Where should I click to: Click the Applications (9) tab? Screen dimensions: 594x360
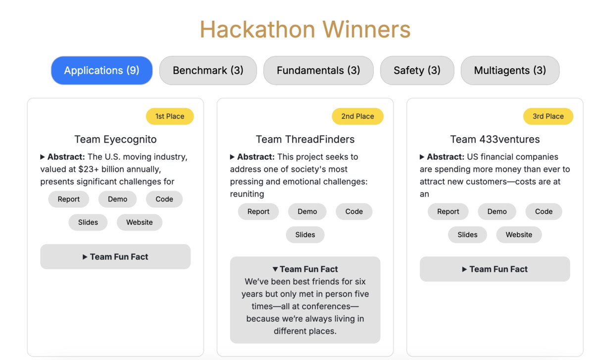pos(102,70)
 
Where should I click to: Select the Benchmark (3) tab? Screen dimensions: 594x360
pos(208,70)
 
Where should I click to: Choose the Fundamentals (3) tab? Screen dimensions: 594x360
pos(318,70)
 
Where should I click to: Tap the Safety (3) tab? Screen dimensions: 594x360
pos(417,70)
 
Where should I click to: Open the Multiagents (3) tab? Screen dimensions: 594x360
pos(510,70)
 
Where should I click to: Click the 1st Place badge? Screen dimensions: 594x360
pos(170,116)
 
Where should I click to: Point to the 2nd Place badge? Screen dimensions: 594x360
pos(357,116)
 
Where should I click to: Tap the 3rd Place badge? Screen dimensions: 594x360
pos(548,116)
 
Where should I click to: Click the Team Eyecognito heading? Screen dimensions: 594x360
pos(115,139)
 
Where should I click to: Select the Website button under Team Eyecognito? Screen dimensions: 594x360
pos(140,222)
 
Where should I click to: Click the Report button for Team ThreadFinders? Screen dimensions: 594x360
pos(258,211)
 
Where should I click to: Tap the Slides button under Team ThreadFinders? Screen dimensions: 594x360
pos(305,235)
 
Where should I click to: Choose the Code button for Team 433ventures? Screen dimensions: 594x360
pos(544,211)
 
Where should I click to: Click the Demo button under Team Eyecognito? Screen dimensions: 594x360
pos(117,199)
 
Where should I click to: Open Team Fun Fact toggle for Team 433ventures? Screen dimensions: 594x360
pos(495,269)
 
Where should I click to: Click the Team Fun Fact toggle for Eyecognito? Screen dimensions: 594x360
pos(115,257)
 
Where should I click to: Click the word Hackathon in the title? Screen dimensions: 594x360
pos(257,29)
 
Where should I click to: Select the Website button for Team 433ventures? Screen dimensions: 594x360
pos(519,235)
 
